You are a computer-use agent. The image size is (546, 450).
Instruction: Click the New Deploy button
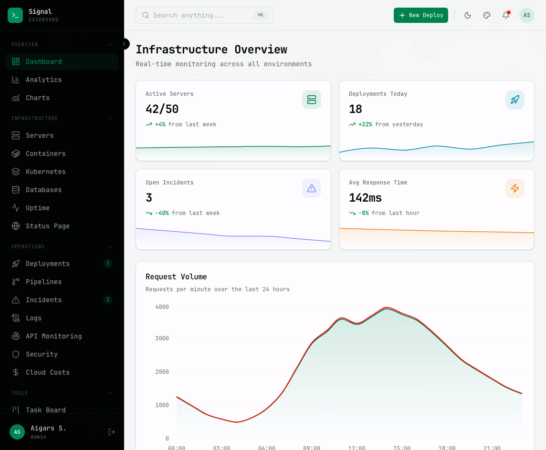pos(420,15)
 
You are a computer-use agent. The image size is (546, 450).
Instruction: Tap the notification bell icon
pos(506,15)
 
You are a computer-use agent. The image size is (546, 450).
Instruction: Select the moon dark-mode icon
pos(468,15)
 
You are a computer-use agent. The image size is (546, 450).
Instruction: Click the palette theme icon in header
pos(487,15)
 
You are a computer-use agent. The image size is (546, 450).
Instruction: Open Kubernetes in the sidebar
pos(45,172)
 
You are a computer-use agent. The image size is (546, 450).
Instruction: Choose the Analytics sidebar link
pos(43,80)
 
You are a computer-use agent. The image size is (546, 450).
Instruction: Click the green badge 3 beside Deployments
pos(108,264)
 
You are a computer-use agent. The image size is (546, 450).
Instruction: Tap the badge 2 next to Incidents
pos(108,300)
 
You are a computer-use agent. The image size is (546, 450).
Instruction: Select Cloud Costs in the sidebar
pos(47,372)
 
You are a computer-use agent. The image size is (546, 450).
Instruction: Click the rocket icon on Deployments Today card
pos(514,100)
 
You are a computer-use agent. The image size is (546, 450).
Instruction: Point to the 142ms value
pos(365,198)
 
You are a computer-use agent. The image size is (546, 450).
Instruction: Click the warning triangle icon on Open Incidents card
pos(311,188)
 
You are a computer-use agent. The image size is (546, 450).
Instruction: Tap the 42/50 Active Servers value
pos(162,109)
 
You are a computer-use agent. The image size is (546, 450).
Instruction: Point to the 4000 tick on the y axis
pos(162,307)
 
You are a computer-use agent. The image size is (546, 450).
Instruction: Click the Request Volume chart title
pos(176,276)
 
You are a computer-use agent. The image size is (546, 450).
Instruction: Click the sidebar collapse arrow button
pos(124,44)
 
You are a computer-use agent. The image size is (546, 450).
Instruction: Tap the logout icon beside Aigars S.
pos(112,432)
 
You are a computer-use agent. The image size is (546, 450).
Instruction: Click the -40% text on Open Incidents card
pos(162,213)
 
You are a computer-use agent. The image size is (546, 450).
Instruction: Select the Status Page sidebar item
pos(47,226)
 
